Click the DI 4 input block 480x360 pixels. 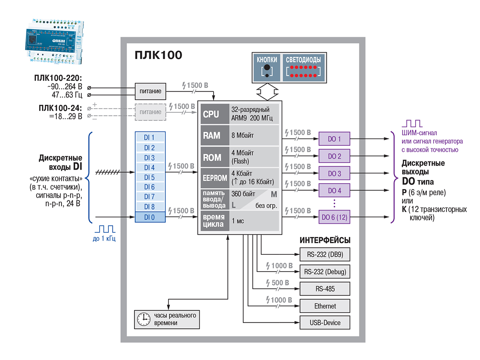tap(149, 168)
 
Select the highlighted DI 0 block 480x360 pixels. tap(149, 217)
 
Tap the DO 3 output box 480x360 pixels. tap(334, 174)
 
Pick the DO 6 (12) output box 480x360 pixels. tap(334, 217)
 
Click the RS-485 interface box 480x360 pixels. tap(325, 289)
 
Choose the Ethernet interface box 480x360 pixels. tap(325, 306)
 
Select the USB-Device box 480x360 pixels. tap(325, 322)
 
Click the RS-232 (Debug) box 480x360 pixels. tap(325, 272)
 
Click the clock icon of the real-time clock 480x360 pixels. tap(142, 318)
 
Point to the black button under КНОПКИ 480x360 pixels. tap(267, 68)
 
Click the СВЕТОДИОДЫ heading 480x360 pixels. tap(303, 60)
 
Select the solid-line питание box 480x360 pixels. tap(150, 91)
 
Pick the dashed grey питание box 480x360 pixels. tap(150, 112)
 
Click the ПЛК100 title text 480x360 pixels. tap(158, 54)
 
